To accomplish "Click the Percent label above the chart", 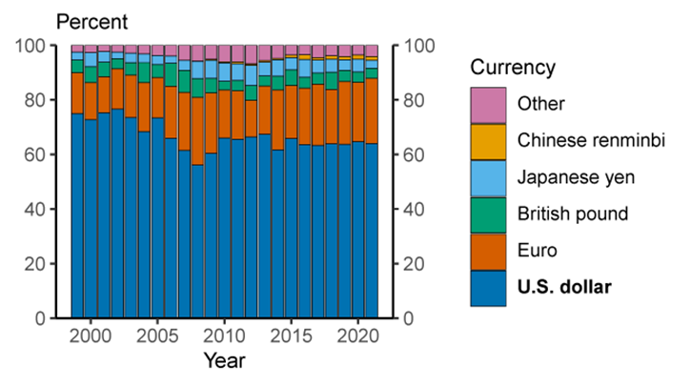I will click(x=92, y=20).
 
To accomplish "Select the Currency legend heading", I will click(x=514, y=68).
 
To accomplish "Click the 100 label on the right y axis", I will click(x=420, y=46).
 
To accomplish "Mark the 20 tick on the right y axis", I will click(x=416, y=263).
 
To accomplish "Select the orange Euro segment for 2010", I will click(x=224, y=114).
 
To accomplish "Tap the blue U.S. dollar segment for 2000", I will click(x=91, y=219).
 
